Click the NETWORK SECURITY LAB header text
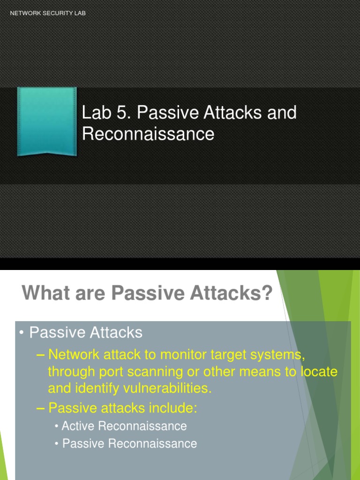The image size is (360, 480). tap(48, 13)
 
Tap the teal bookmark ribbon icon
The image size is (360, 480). tap(47, 121)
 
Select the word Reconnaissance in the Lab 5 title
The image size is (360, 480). tap(148, 135)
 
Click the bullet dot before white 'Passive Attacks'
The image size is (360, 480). tap(22, 333)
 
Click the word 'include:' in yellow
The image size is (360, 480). tap(173, 408)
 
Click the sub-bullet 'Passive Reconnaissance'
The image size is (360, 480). tap(129, 443)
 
